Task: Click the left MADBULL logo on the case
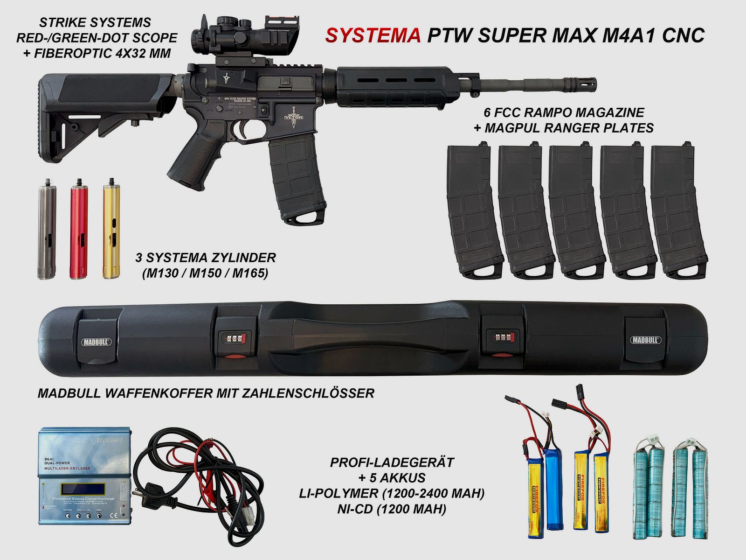pyautogui.click(x=97, y=341)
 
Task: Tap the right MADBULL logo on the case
pyautogui.click(x=645, y=340)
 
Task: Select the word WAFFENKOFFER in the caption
pyautogui.click(x=152, y=393)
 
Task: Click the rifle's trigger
pyautogui.click(x=243, y=130)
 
